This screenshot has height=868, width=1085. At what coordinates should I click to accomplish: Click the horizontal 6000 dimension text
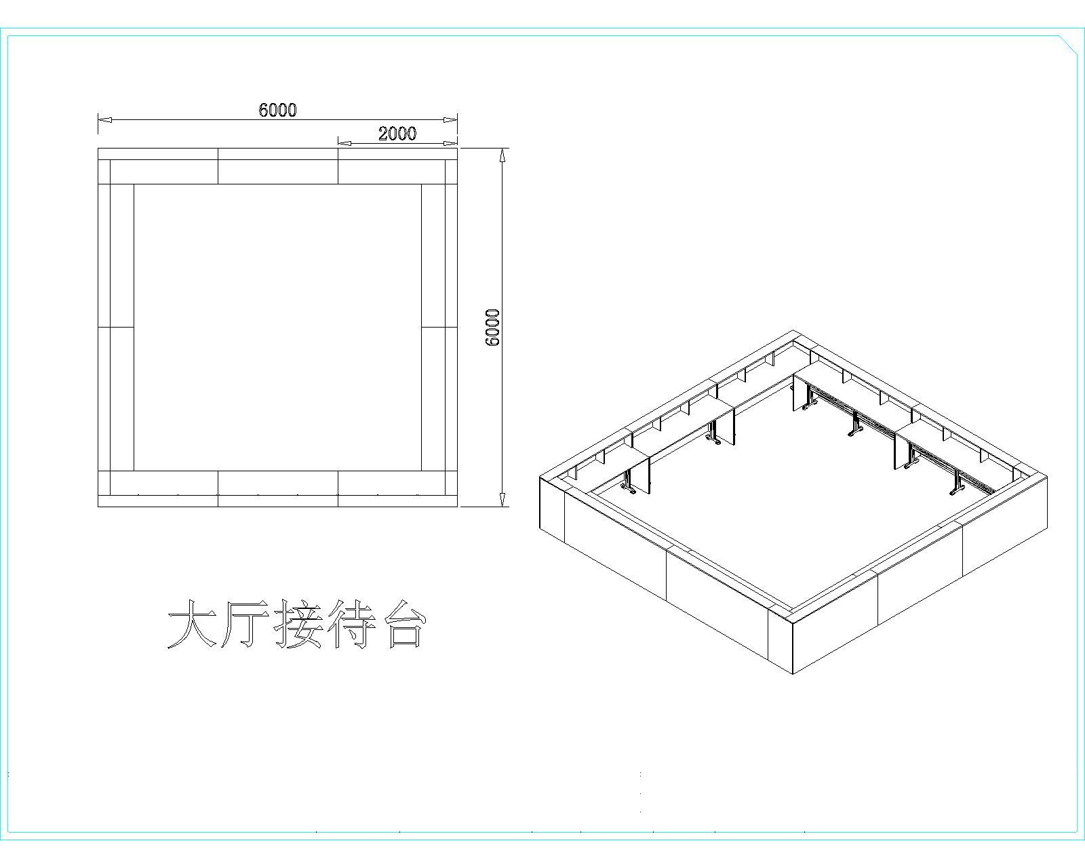[x=278, y=110]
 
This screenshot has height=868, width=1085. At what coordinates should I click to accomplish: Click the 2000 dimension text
[x=397, y=134]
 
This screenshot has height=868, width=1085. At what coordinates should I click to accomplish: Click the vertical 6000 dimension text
[x=493, y=328]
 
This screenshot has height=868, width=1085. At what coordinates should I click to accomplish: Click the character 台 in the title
[x=406, y=623]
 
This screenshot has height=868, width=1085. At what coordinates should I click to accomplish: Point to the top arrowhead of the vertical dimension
[x=502, y=155]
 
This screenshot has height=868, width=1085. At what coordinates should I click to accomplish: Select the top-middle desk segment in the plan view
[x=278, y=172]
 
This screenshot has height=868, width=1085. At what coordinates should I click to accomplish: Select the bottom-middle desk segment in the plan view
[x=278, y=483]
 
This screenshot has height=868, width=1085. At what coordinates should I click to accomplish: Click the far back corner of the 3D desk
[x=794, y=332]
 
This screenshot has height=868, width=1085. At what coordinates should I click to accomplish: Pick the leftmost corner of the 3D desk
[x=540, y=477]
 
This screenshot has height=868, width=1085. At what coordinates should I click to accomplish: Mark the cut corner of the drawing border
[x=1069, y=44]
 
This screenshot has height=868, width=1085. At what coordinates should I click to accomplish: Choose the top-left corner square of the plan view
[x=104, y=172]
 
